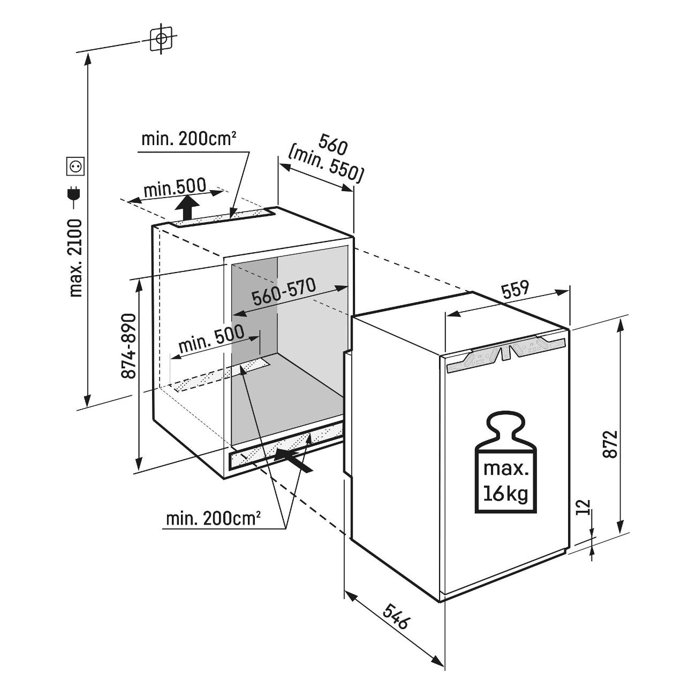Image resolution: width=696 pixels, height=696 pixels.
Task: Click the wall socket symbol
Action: tap(75, 167)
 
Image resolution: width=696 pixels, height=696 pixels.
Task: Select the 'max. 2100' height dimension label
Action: tap(76, 258)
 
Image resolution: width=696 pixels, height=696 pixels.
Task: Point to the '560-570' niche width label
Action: tap(284, 292)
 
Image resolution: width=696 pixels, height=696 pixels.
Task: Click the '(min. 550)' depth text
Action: tap(326, 165)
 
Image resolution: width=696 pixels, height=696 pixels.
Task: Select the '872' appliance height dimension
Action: tap(610, 444)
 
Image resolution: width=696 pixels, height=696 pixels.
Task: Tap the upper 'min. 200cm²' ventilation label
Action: tap(190, 139)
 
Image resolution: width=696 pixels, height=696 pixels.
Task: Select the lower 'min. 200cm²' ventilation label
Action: tap(214, 519)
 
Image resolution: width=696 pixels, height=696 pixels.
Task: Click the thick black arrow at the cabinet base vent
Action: tap(294, 459)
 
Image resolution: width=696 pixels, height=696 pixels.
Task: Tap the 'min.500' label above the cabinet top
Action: tap(175, 187)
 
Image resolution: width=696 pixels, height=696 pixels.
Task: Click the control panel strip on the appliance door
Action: tap(505, 354)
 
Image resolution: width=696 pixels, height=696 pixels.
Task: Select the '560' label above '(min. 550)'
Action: tap(333, 145)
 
